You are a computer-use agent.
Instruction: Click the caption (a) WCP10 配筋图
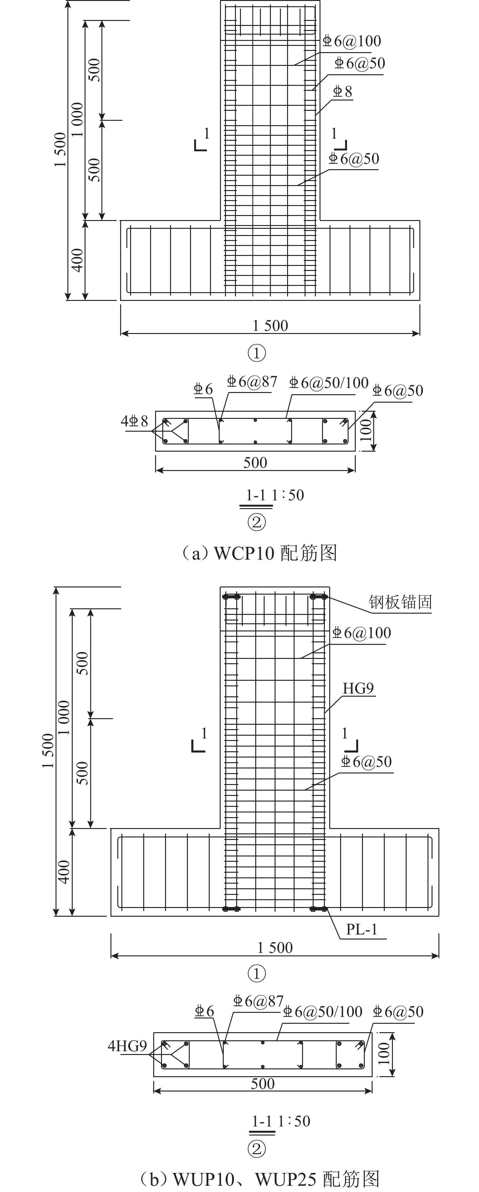259,553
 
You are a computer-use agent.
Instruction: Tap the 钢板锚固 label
400,602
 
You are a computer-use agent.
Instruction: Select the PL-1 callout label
361,929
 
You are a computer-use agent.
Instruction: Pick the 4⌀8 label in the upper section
134,421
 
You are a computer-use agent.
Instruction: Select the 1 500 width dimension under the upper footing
270,326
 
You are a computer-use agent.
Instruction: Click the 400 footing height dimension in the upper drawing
77,260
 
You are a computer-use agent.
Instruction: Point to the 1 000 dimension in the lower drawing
64,717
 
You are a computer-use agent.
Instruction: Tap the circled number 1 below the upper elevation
257,354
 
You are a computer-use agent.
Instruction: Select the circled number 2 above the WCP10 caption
257,522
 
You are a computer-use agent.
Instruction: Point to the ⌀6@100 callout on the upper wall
352,41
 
